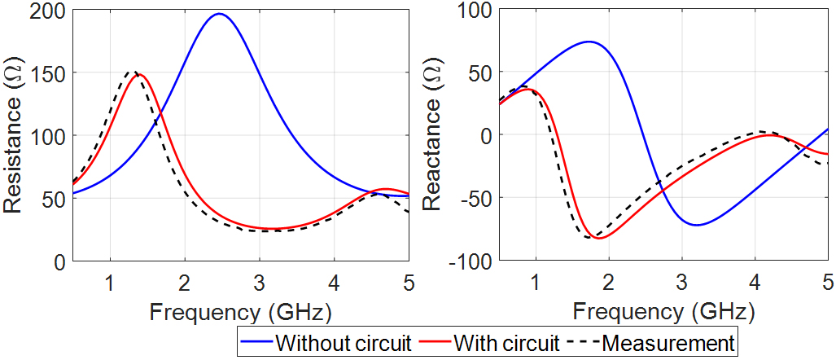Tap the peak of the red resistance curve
(139, 74)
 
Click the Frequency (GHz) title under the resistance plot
(241, 312)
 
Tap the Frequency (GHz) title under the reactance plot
(664, 312)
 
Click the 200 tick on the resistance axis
(51, 10)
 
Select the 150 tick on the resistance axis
(51, 72)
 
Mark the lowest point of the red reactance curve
(599, 239)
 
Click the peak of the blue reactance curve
(588, 42)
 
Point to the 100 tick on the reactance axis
(478, 10)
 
